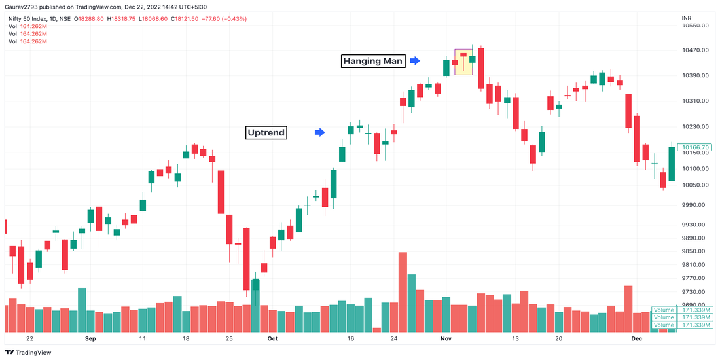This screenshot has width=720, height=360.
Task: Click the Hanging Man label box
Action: point(374,61)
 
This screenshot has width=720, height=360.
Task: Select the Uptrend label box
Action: point(266,132)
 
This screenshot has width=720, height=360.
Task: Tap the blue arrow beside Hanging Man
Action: point(415,61)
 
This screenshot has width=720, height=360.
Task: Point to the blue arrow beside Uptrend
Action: point(319,132)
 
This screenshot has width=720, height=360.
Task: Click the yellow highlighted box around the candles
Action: point(463,62)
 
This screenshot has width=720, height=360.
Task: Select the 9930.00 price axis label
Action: point(695,225)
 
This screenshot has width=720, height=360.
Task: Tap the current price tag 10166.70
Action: point(695,148)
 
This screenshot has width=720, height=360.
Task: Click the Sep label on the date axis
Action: point(90,338)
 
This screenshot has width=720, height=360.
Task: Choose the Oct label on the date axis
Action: point(272,338)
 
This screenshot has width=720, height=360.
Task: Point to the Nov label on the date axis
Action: point(446,338)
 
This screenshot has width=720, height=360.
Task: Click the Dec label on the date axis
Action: point(636,338)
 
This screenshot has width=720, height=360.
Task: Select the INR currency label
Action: point(687,18)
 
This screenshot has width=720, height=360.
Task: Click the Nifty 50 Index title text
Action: point(29,18)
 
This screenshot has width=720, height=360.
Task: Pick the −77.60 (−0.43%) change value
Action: point(223,18)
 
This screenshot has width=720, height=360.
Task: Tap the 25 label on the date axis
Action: point(229,338)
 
